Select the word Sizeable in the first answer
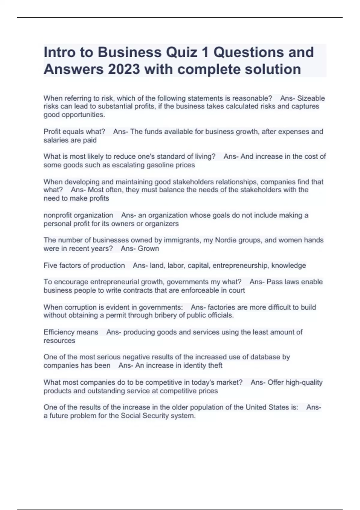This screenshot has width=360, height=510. coord(311,98)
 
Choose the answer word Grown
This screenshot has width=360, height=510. coord(148,249)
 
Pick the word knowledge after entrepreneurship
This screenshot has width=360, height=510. coord(289,265)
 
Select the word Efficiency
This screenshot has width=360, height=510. coord(59,332)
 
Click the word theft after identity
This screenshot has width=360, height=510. coord(215,365)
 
